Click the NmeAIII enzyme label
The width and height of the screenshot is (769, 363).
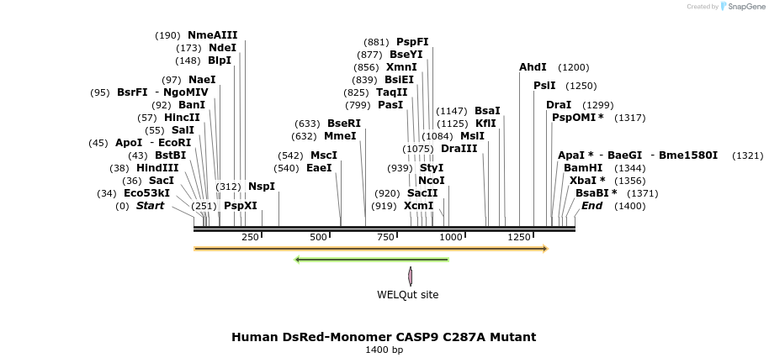click(212, 35)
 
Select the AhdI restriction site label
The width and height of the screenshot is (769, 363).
click(533, 67)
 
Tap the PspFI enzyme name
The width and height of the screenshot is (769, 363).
click(412, 42)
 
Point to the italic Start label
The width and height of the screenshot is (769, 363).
click(150, 206)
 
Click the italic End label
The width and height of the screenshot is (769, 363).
click(591, 206)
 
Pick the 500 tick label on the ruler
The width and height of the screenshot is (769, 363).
click(318, 237)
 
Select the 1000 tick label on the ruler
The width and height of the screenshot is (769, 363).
click(451, 237)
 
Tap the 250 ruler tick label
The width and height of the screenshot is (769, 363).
click(250, 237)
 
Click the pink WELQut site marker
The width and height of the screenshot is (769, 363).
click(411, 276)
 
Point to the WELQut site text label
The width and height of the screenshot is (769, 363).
click(407, 295)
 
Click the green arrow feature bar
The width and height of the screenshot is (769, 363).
click(371, 260)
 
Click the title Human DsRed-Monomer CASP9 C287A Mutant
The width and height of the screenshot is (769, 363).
click(384, 337)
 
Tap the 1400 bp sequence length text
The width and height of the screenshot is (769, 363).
click(384, 350)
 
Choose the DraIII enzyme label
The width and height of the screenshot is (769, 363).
click(459, 149)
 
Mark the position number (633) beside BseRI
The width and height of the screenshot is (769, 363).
click(307, 124)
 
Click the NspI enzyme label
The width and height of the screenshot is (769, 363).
click(261, 187)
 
